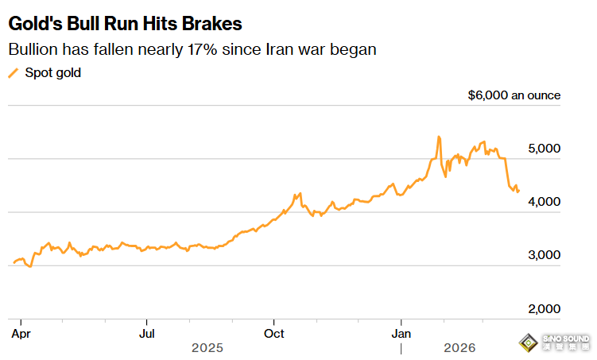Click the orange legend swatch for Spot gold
[12, 73]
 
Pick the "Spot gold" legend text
[52, 73]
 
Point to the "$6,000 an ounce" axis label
[514, 95]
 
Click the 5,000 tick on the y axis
[545, 149]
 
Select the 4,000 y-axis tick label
[545, 202]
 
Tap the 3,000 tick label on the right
[545, 255]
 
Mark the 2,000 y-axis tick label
[545, 308]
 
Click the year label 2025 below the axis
[207, 348]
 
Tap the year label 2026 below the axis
[459, 348]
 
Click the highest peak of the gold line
[439, 137]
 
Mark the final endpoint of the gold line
[519, 191]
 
